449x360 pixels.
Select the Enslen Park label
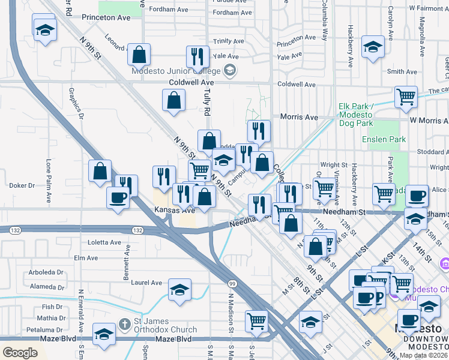(x=384, y=139)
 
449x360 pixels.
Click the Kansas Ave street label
(x=174, y=210)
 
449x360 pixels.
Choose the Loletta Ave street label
(x=104, y=242)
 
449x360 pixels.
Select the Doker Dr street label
(x=23, y=185)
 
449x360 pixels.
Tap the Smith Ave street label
(x=402, y=71)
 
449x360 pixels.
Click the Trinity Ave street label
(x=229, y=41)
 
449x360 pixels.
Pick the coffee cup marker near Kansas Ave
(x=118, y=197)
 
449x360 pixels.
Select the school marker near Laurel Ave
(x=179, y=290)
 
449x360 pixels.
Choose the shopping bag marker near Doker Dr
(x=100, y=170)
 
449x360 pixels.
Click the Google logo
(x=20, y=353)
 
